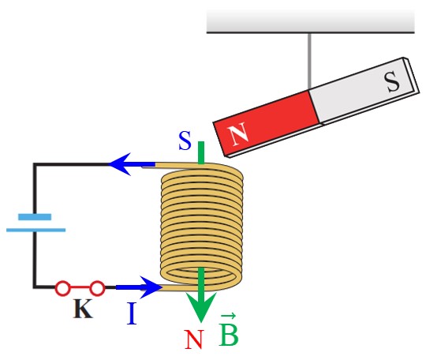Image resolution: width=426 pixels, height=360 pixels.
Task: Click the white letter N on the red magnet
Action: (238, 133)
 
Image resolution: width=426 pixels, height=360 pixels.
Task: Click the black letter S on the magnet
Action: (392, 81)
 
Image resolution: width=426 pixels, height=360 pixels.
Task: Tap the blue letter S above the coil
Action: (185, 141)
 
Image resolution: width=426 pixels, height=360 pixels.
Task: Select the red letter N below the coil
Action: (194, 339)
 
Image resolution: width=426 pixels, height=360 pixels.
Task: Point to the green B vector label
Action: (229, 330)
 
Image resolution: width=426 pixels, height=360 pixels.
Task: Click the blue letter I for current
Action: (132, 313)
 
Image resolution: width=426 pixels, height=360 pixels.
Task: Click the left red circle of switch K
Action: (63, 288)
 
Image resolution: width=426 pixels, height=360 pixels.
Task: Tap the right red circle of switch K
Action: (97, 288)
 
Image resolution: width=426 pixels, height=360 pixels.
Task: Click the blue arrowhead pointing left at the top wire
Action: (120, 164)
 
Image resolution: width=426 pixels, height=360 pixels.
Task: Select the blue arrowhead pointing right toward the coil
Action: (151, 287)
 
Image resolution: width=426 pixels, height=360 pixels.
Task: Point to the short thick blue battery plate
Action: (35, 216)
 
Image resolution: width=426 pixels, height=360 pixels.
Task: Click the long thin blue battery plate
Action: (35, 230)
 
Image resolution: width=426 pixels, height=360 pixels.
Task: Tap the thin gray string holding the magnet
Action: (309, 61)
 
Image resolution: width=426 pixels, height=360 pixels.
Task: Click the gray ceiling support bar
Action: (311, 22)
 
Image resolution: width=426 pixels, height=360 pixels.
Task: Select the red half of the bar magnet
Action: (267, 123)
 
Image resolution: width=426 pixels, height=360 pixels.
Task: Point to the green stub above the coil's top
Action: (201, 152)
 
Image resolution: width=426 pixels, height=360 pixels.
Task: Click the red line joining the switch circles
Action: (80, 287)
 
